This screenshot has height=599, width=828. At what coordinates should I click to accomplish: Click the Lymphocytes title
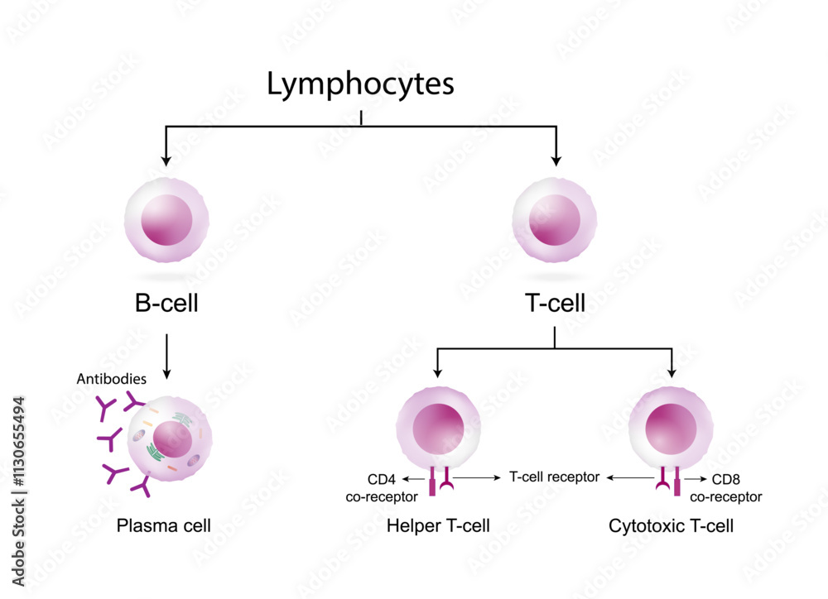point(361,84)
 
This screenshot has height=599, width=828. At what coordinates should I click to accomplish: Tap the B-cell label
point(166,304)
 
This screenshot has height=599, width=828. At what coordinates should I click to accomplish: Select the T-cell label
point(555,304)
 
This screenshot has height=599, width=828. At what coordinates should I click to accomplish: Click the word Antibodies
point(112,379)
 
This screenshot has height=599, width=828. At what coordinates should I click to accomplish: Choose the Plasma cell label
point(164,525)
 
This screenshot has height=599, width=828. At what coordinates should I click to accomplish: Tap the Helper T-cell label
point(439,525)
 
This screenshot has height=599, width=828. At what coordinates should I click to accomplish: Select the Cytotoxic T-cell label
point(671,525)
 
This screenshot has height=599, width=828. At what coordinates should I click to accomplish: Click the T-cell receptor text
point(554,477)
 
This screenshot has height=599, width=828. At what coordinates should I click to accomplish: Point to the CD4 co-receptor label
point(383,487)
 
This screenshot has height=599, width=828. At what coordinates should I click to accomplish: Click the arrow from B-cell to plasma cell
point(167,356)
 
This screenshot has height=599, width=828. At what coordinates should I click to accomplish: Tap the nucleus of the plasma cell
point(173,438)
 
